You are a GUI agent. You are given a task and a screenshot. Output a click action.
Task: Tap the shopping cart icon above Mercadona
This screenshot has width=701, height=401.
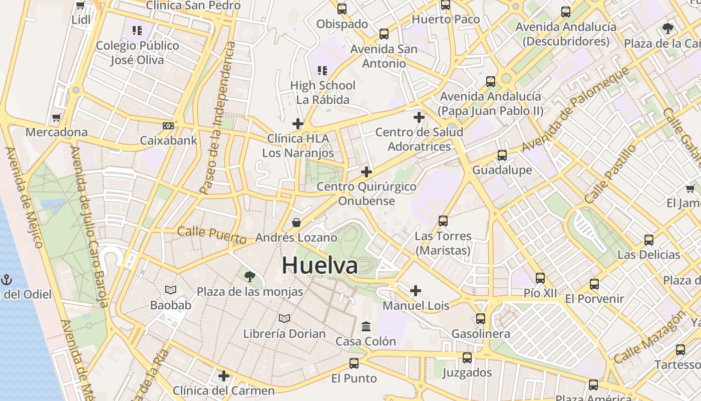point(57,118)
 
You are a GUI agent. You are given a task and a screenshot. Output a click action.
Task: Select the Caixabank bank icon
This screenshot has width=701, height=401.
point(168,126)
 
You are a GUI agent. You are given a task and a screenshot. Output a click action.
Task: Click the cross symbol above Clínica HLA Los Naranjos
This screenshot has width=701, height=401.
point(298,124)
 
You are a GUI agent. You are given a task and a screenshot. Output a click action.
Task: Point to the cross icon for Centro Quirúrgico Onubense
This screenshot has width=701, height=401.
point(367,172)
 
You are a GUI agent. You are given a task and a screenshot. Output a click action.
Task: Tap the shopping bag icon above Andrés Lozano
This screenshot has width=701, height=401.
point(296,223)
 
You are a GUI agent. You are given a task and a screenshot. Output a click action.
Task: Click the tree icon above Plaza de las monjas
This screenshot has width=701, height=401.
point(249,276)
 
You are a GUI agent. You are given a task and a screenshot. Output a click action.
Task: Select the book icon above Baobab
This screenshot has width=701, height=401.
point(171,290)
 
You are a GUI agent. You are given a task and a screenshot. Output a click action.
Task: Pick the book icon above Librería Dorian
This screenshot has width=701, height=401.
point(284,318)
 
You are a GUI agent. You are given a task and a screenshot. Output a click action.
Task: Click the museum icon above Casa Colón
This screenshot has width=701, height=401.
point(366,326)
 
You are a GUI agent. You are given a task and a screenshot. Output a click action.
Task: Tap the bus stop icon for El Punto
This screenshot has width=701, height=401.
point(354,363)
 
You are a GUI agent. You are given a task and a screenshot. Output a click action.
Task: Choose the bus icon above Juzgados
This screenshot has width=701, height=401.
point(467,358)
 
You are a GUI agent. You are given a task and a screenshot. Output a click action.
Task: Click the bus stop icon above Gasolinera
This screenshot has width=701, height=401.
point(481,319)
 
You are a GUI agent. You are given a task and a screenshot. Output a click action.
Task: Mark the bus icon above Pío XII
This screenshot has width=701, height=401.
point(540,278)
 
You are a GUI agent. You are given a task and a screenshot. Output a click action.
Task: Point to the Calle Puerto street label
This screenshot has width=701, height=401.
point(212,235)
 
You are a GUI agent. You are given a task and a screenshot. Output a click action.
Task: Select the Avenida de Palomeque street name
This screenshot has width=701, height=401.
point(576,108)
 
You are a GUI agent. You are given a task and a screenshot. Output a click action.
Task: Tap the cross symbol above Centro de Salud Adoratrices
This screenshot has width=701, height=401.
point(419,118)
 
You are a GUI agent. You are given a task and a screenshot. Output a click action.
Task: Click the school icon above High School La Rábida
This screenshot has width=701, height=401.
point(322,71)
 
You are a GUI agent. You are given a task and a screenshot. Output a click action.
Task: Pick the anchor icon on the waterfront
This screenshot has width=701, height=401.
point(7,280)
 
